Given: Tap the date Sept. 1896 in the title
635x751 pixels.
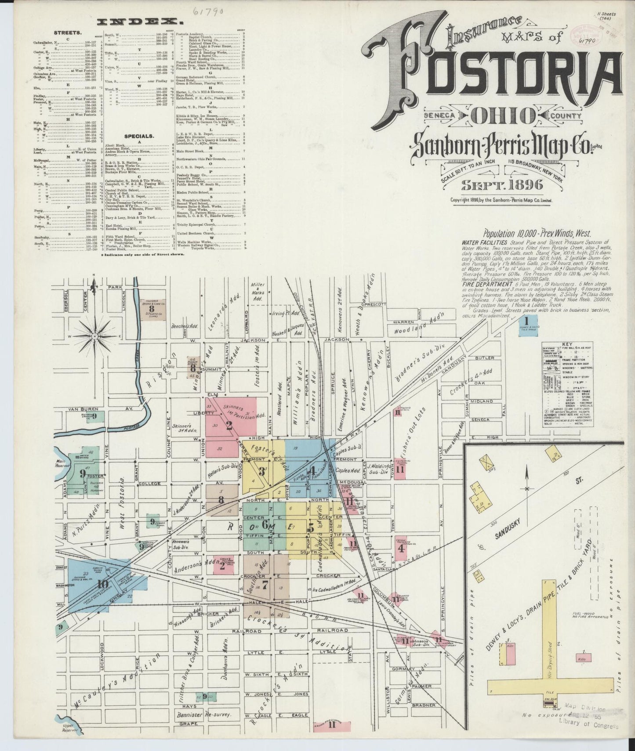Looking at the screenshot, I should coord(501,185).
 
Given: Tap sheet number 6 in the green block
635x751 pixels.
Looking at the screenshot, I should coord(265,524).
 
